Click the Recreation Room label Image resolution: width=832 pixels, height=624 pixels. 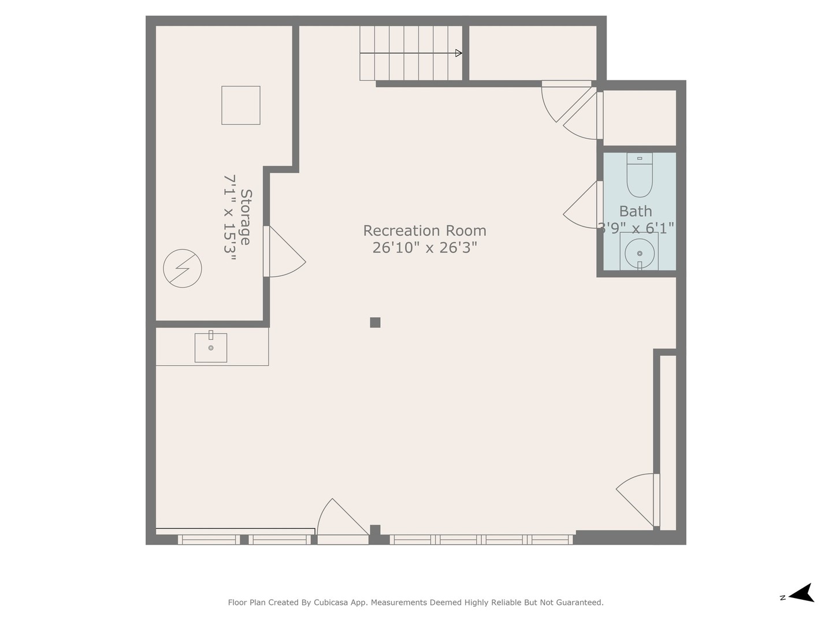(x=424, y=231)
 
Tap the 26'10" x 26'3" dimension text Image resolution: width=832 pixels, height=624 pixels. (x=424, y=248)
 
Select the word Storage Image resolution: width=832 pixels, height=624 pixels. (x=246, y=217)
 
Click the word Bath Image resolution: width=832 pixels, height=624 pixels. (x=636, y=211)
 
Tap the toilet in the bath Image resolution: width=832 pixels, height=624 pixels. (x=640, y=174)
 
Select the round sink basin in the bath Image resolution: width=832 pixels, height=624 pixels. (x=640, y=253)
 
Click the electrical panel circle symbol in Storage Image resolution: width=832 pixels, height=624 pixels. (x=183, y=268)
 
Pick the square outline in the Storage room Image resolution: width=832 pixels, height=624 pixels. (x=241, y=105)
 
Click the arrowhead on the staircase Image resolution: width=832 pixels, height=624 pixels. (x=459, y=53)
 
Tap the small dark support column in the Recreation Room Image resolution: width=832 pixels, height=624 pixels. (x=375, y=322)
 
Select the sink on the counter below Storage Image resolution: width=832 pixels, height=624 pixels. (x=211, y=347)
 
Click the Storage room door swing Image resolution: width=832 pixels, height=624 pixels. (x=285, y=251)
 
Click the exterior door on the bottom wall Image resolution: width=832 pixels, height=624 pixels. (x=343, y=522)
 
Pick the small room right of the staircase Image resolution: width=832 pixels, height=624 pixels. (x=533, y=53)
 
